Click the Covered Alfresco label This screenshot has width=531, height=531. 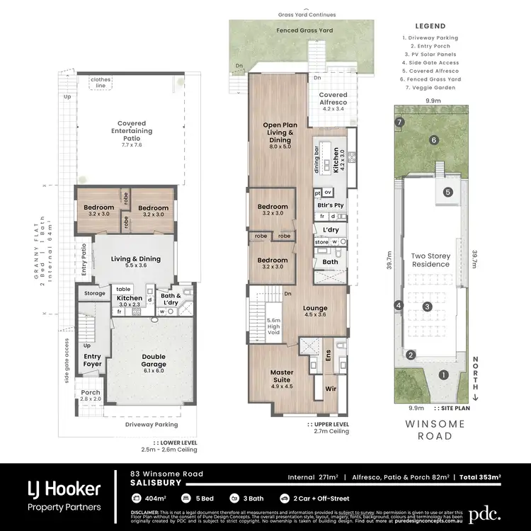tap(333, 99)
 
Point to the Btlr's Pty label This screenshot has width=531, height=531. tap(330, 205)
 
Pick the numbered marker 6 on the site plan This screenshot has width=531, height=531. tap(433, 140)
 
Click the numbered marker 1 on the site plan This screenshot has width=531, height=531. tap(444, 375)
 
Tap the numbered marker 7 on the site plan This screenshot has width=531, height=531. tap(400, 122)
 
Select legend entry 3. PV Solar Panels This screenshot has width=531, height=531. tap(430, 54)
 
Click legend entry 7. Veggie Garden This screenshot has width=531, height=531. tap(430, 88)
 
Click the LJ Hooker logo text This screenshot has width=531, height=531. tap(64, 489)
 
